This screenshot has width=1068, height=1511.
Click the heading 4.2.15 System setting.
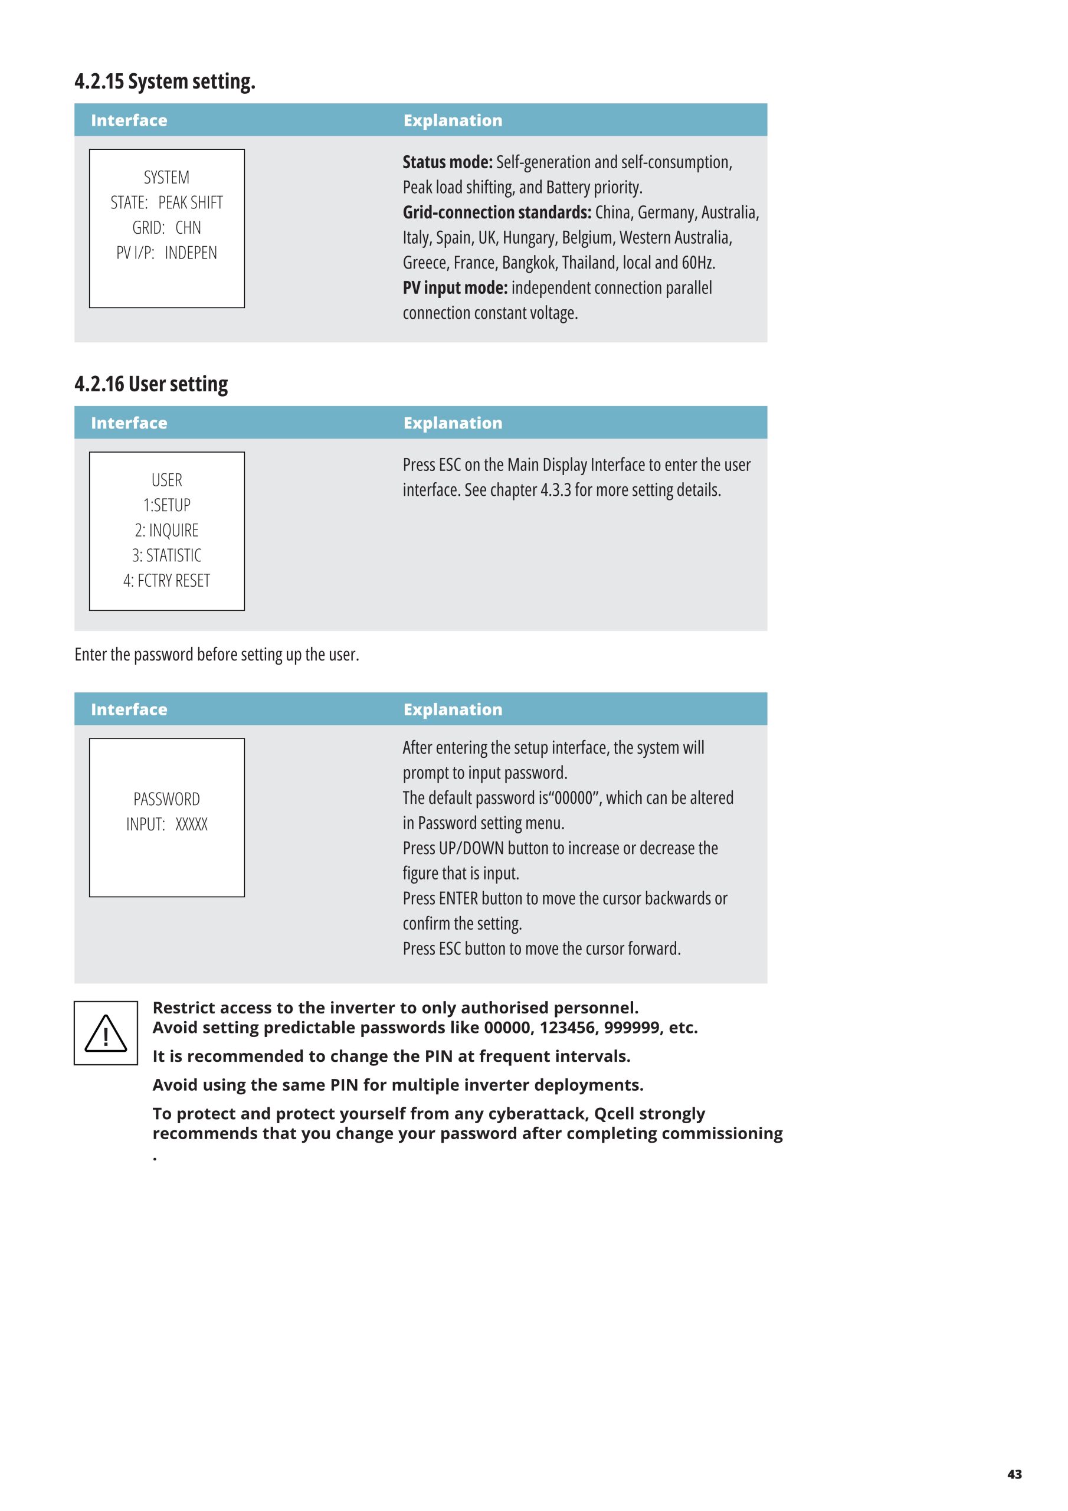pyautogui.click(x=165, y=81)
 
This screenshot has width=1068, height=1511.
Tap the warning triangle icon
pyautogui.click(x=105, y=1034)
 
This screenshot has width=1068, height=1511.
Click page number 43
pyautogui.click(x=1014, y=1474)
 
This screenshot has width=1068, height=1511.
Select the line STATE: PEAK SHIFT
pyautogui.click(x=166, y=202)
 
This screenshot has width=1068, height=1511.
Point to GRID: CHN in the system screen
pyautogui.click(x=166, y=228)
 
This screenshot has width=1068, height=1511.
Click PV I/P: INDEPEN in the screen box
pyautogui.click(x=166, y=253)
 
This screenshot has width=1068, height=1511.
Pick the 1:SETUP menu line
pyautogui.click(x=166, y=505)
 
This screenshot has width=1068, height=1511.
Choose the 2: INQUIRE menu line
pyautogui.click(x=166, y=531)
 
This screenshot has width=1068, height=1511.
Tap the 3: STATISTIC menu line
pyautogui.click(x=166, y=555)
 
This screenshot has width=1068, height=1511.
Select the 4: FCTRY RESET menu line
pyautogui.click(x=166, y=580)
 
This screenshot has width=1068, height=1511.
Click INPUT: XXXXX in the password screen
pyautogui.click(x=166, y=824)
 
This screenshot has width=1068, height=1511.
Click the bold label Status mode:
pyautogui.click(x=447, y=162)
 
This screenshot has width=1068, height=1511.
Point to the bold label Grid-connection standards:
pyautogui.click(x=497, y=212)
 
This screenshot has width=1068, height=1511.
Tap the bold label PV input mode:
pyautogui.click(x=455, y=287)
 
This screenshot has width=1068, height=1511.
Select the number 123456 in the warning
pyautogui.click(x=566, y=1028)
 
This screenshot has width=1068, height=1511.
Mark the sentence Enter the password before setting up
pyautogui.click(x=217, y=655)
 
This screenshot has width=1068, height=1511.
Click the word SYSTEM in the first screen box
pyautogui.click(x=166, y=178)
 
